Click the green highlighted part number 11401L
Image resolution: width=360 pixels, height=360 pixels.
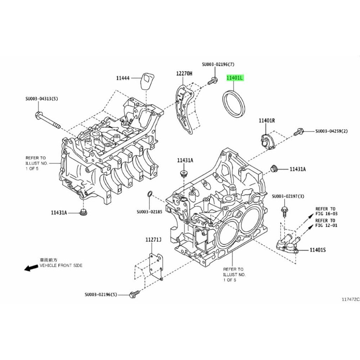[x=235, y=77]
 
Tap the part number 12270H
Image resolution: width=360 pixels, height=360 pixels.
[x=184, y=73]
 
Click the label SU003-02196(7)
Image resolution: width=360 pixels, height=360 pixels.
[x=218, y=64]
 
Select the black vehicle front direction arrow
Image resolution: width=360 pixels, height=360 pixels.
[x=31, y=268]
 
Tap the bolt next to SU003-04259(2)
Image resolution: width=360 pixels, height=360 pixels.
[x=298, y=132]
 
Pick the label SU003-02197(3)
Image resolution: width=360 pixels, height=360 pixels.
[x=288, y=196]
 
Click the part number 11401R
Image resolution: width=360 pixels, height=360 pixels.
[x=266, y=121]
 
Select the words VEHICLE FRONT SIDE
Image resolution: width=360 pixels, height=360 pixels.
[x=61, y=265]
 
